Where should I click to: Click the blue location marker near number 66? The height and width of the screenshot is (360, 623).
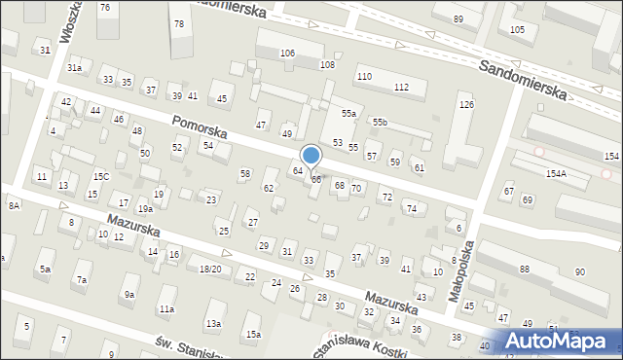tap(311, 156)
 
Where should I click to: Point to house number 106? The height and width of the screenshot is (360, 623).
tap(287, 53)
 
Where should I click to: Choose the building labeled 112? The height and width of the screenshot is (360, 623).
tap(401, 87)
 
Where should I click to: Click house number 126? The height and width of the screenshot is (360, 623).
tap(466, 104)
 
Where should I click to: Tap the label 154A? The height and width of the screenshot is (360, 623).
tap(556, 173)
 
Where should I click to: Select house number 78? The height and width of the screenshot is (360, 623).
tap(177, 23)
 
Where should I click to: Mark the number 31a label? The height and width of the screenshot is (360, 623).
tap(74, 67)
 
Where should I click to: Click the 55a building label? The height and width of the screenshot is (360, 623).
tap(348, 114)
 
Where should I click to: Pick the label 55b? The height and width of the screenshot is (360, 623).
tap(379, 122)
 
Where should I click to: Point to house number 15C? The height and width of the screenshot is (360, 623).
tap(100, 176)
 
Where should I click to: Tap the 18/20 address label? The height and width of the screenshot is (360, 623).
tap(209, 269)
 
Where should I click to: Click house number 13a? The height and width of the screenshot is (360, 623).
tap(212, 323)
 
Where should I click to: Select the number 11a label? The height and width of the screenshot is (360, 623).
tap(166, 308)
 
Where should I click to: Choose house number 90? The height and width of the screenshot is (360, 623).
tap(579, 271)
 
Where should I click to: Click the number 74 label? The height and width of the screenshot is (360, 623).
tap(411, 208)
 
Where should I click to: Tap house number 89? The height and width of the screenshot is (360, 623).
tap(458, 19)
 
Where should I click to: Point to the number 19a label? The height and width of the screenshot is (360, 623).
tap(144, 208)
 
